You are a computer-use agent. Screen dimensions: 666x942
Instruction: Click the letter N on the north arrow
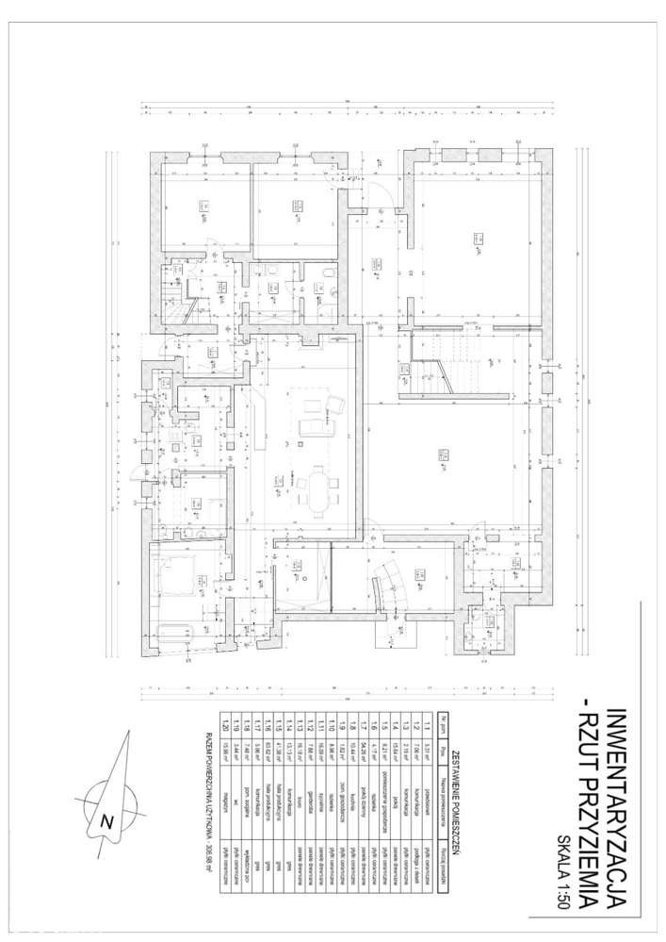point(107,821)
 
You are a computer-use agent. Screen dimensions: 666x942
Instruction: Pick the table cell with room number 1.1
point(428,725)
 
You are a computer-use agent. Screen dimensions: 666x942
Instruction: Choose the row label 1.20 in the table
point(224,725)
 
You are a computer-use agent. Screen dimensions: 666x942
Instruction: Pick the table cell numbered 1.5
point(385,725)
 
